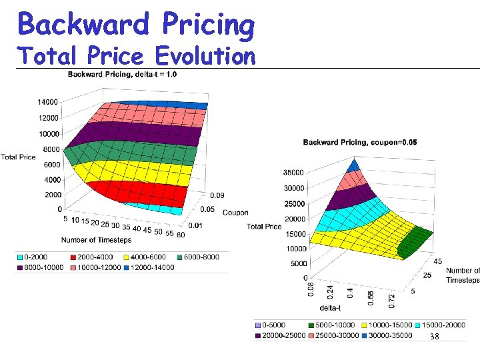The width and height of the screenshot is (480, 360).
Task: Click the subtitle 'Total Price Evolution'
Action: coord(137,55)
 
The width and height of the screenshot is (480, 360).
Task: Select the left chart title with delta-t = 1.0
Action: coord(122,73)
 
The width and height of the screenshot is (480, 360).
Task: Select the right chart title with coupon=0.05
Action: coord(360,142)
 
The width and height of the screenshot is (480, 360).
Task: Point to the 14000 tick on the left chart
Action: coord(47,102)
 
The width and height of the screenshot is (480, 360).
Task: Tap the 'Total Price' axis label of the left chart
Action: coord(18,157)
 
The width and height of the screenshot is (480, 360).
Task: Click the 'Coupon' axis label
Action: coord(235,213)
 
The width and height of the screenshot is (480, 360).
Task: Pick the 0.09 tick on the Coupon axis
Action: coord(217,195)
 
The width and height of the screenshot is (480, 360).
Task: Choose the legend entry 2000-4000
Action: coord(87,257)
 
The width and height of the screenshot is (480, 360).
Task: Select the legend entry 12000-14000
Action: coord(150,267)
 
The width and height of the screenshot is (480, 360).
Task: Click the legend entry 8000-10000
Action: coord(37,267)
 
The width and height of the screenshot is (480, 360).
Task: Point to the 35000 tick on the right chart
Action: coord(295,172)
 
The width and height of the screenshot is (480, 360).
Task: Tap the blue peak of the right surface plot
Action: coord(355,165)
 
